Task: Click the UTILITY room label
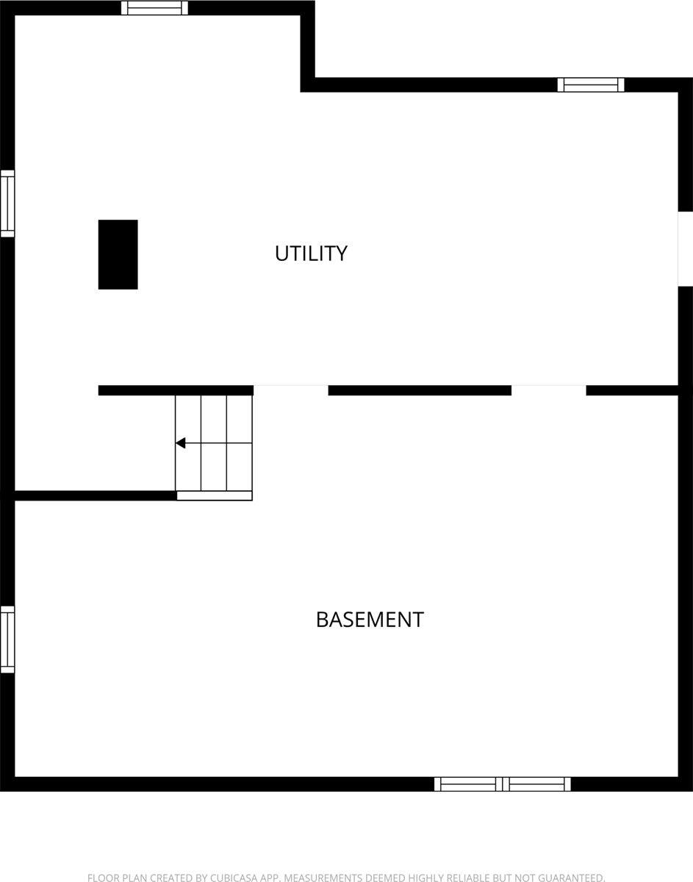[311, 254]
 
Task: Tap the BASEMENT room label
[370, 620]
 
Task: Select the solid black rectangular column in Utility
[118, 254]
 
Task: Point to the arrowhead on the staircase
[180, 443]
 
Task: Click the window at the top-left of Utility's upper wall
[154, 8]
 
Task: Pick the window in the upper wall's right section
[591, 85]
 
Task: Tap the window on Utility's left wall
[7, 204]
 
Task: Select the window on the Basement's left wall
[7, 639]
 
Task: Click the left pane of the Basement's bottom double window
[468, 784]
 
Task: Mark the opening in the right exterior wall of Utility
[685, 248]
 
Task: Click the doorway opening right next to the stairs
[291, 390]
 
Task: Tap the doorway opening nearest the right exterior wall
[549, 390]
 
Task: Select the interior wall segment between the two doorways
[420, 390]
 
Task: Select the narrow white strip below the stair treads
[215, 496]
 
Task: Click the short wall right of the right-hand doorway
[632, 390]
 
